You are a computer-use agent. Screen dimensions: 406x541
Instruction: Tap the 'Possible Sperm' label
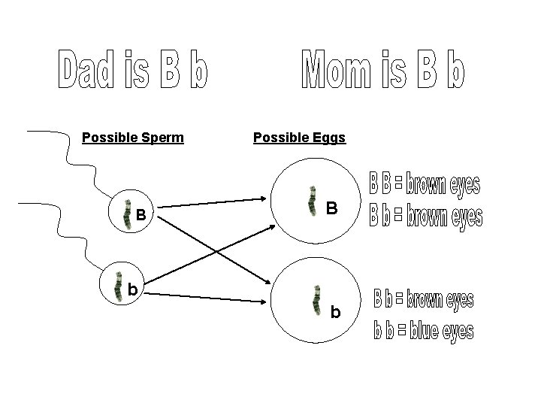click(133, 138)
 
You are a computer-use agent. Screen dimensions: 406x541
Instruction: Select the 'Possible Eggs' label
click(299, 138)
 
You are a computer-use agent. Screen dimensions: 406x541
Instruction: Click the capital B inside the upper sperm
click(141, 214)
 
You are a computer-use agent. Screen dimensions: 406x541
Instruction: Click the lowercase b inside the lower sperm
click(132, 289)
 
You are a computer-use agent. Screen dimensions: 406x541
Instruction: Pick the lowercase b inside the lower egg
click(334, 311)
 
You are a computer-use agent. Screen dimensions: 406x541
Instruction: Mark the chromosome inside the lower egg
click(318, 298)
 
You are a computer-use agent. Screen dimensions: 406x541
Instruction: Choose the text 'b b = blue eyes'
click(425, 331)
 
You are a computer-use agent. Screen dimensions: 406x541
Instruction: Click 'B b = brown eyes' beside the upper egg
click(426, 217)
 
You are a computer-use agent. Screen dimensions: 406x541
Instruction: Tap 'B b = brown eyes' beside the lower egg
click(424, 300)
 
